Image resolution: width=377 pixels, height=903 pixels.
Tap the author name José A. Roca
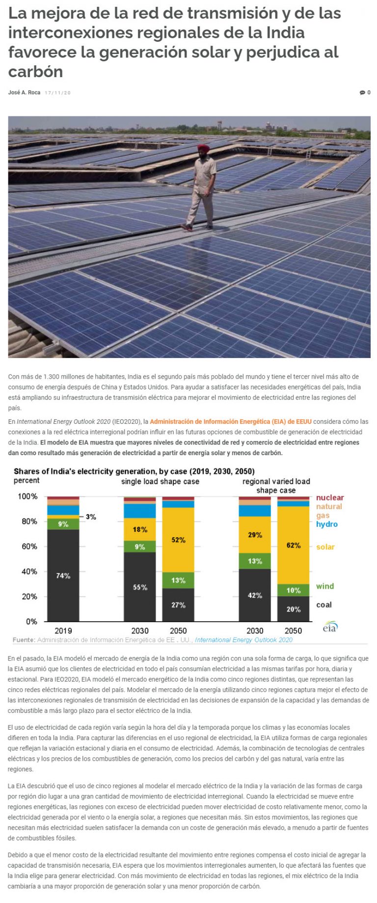(24, 93)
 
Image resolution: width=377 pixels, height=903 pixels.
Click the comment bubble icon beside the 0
(362, 93)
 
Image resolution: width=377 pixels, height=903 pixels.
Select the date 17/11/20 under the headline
(57, 93)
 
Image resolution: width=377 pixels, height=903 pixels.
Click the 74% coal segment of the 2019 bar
(63, 575)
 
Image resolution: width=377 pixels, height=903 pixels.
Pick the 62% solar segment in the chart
(294, 545)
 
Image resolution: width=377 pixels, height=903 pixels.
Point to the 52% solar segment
(178, 540)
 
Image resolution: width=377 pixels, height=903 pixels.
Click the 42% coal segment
(255, 595)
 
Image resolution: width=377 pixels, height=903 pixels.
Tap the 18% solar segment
(140, 529)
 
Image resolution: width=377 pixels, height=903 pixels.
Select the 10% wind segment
(294, 590)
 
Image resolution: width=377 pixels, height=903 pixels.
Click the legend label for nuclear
(330, 498)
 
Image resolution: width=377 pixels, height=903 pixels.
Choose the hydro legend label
(327, 524)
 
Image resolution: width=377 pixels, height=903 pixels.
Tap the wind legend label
(325, 586)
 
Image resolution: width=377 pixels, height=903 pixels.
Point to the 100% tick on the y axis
(27, 496)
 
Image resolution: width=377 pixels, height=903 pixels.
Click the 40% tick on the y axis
(29, 572)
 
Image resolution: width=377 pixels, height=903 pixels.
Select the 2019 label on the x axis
(63, 630)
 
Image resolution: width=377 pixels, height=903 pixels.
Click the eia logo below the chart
(330, 627)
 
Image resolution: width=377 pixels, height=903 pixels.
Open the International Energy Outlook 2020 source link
(243, 640)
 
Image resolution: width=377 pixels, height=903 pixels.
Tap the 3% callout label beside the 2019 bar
(91, 517)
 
